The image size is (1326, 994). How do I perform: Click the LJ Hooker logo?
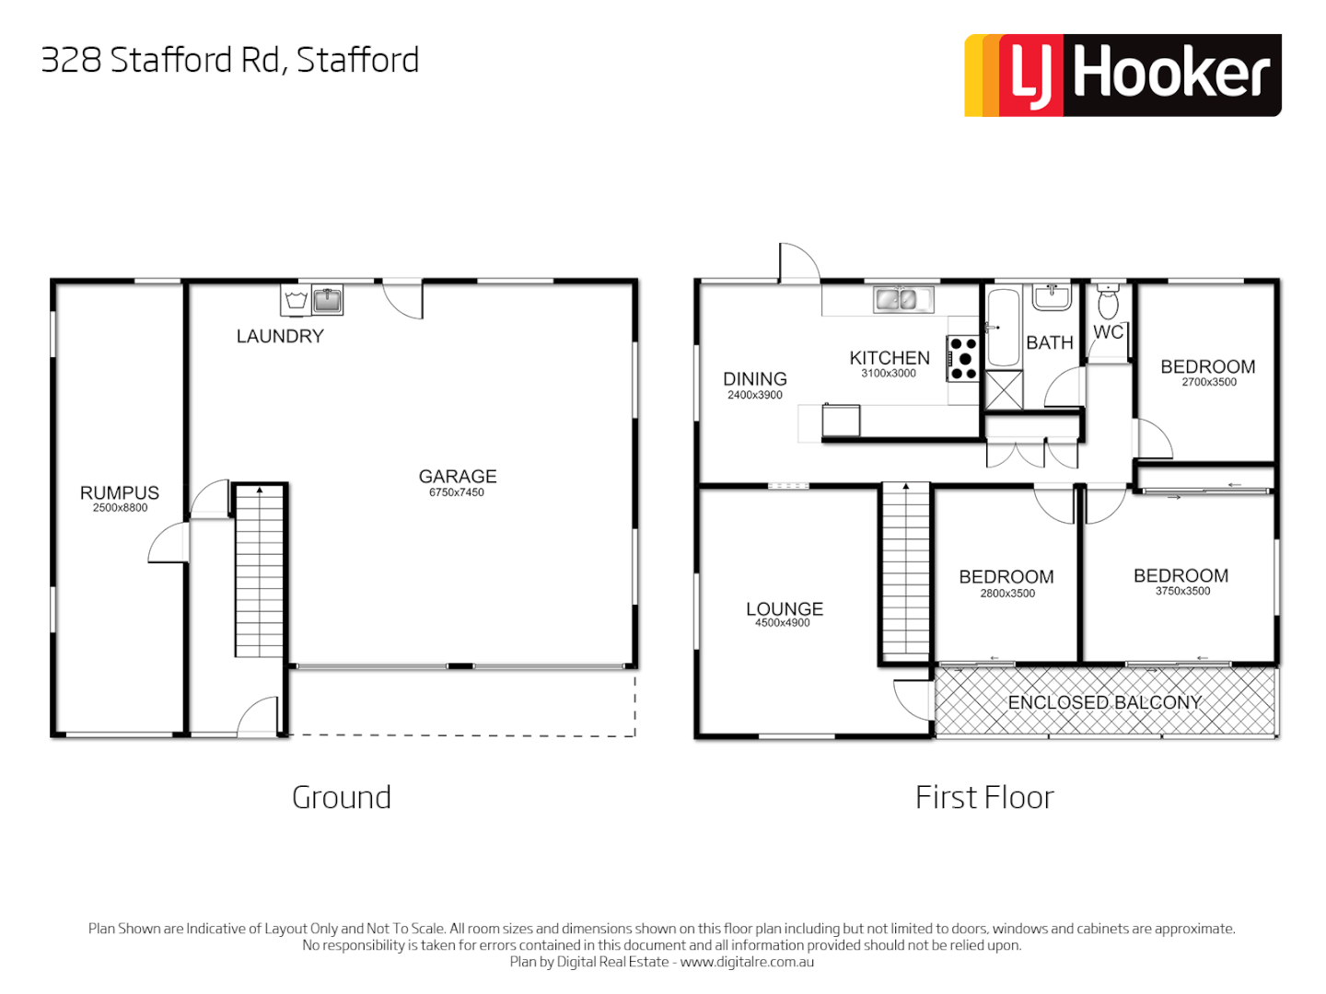click(1122, 75)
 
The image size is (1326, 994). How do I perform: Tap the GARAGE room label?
click(458, 477)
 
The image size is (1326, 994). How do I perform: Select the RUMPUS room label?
click(120, 493)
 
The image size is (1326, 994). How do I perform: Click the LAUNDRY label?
click(280, 337)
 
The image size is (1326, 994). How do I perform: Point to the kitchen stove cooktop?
click(963, 358)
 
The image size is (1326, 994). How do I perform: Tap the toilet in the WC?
click(1109, 302)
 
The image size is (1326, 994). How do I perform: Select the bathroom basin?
click(1052, 296)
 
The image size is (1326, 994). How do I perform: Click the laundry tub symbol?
click(297, 300)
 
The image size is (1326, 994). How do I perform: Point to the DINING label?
click(755, 379)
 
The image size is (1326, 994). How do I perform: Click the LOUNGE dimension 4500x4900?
click(783, 623)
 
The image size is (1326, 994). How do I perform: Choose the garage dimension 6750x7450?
click(457, 492)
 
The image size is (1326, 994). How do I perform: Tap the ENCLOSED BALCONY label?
click(1105, 702)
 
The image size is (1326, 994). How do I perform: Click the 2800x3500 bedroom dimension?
click(1007, 594)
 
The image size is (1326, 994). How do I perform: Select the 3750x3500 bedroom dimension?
click(1182, 591)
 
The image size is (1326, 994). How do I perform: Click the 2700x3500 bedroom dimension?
click(1209, 382)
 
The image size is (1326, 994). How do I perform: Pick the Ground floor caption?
click(342, 797)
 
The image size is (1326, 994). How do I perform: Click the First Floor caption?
click(984, 797)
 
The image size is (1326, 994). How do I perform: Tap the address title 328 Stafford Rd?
click(230, 61)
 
